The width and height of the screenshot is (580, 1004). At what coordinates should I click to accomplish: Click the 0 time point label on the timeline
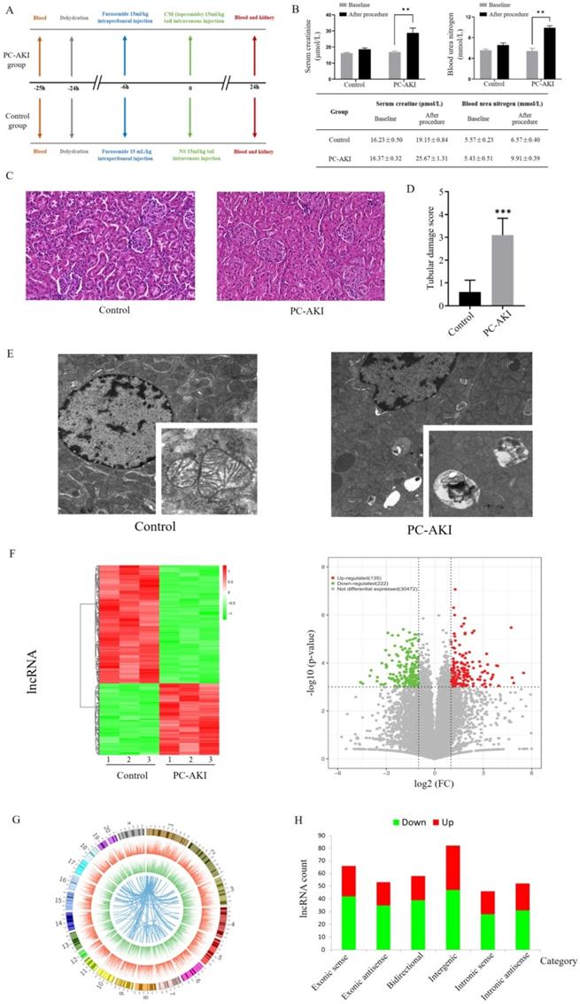[190, 89]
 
